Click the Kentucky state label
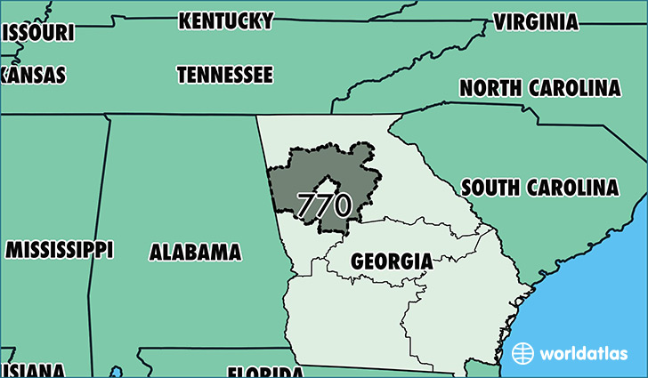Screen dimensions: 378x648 (x=225, y=20)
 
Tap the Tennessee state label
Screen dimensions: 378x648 (x=224, y=75)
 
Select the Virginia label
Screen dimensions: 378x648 (x=536, y=21)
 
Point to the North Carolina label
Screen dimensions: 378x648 (x=539, y=88)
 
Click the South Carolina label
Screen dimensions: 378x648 (x=539, y=188)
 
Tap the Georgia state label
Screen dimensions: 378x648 (x=392, y=261)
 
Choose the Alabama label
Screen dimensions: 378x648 (x=195, y=252)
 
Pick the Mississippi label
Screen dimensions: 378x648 (x=59, y=248)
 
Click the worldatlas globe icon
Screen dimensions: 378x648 (x=523, y=353)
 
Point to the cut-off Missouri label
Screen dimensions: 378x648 (x=36, y=32)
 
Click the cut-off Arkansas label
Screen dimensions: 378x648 (x=33, y=75)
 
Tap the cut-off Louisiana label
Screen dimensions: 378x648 (x=32, y=370)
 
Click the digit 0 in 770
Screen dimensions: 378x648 (x=341, y=205)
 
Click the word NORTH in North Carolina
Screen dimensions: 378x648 (x=490, y=88)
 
